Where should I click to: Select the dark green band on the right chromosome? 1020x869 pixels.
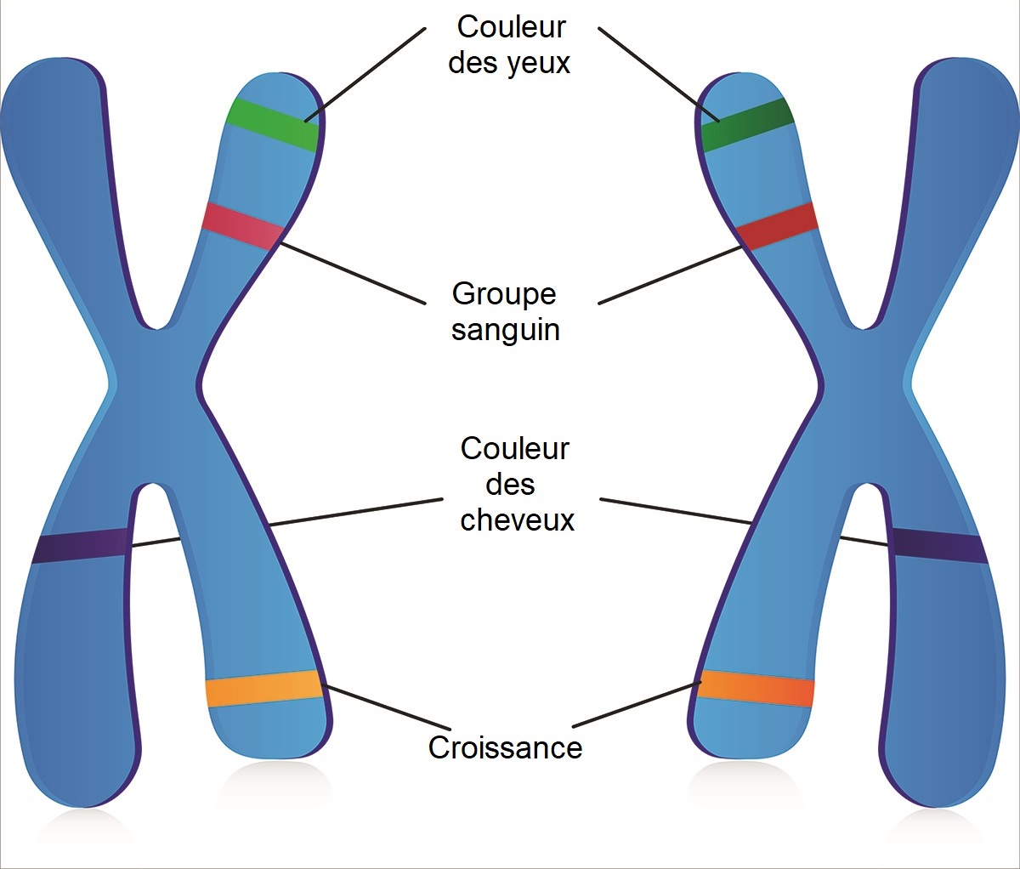tap(746, 124)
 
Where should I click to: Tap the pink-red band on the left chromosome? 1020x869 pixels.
tap(243, 226)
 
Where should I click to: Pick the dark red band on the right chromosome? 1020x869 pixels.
tap(777, 225)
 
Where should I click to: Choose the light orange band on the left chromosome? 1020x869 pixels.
tap(264, 689)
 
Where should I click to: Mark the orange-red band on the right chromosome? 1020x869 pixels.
tap(755, 688)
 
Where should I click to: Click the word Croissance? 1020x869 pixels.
tap(505, 747)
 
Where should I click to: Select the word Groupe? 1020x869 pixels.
tap(504, 293)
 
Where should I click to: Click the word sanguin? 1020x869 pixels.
tap(506, 329)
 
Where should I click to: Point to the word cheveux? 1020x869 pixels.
tap(517, 520)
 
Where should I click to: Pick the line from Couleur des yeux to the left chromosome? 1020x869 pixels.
tap(365, 74)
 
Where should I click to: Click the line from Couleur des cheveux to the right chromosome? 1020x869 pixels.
tap(676, 511)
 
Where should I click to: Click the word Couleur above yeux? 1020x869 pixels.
tap(511, 27)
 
